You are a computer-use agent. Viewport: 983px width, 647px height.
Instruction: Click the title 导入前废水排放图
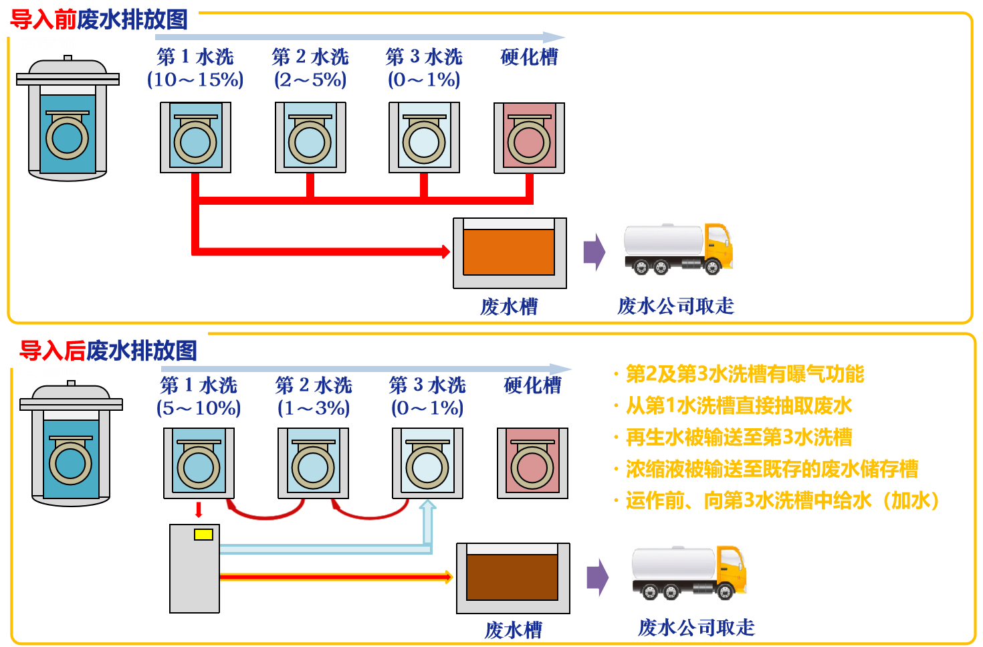coord(99,19)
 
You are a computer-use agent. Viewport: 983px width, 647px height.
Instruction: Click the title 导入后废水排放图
coord(108,350)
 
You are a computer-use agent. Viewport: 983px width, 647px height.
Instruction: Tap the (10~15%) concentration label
coord(195,80)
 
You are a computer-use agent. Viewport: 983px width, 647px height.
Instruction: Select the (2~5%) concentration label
coord(310,80)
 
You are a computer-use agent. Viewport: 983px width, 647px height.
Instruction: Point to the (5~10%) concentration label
coord(199,407)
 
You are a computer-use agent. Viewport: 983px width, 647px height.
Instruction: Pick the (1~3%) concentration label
coord(314,407)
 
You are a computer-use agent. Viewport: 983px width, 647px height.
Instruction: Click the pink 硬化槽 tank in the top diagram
coord(529,138)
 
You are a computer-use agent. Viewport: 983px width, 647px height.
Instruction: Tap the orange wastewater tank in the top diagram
coord(509,252)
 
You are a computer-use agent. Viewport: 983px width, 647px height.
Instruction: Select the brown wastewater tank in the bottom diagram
coord(512,577)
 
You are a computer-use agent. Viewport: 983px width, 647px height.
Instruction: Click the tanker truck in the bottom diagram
coord(689,572)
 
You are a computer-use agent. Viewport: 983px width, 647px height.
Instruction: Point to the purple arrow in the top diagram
coord(594,252)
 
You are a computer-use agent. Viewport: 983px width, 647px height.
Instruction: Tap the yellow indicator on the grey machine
coord(203,534)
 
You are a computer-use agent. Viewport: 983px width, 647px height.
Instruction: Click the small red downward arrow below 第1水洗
coord(199,510)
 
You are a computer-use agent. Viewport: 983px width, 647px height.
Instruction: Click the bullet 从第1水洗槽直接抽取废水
coord(738,405)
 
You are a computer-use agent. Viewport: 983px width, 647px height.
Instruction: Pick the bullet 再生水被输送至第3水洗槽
coord(738,437)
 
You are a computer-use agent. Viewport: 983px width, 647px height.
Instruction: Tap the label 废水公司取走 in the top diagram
coord(675,306)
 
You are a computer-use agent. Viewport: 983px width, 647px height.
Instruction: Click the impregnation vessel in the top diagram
coord(68,120)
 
